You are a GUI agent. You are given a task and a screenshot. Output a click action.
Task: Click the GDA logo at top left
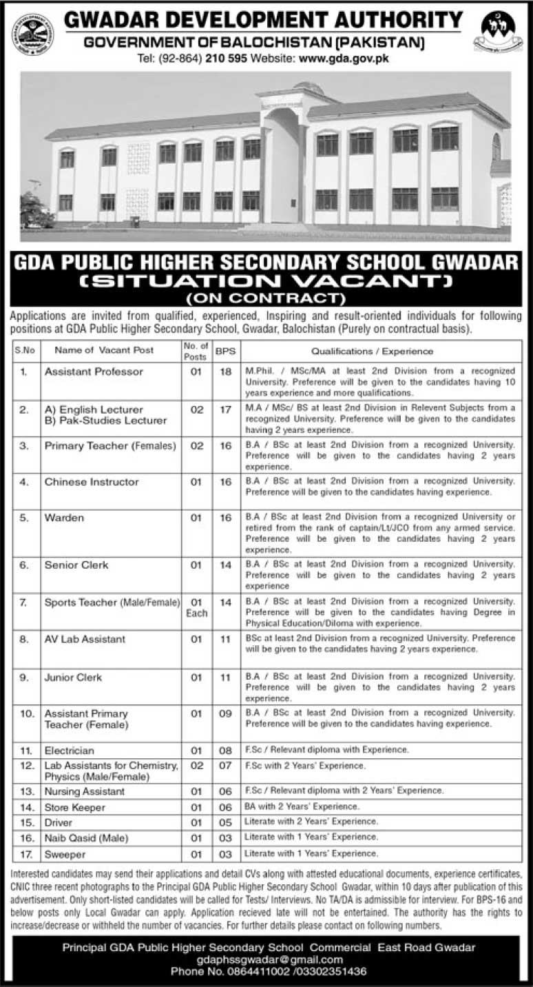coord(31,33)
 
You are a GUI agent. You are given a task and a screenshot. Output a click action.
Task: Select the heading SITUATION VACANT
coord(266,281)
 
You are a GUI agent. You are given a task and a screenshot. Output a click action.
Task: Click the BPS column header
coord(224,351)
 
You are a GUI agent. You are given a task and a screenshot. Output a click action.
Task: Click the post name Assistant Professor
coord(94,372)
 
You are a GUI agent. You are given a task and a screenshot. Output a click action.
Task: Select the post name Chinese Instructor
coord(92,482)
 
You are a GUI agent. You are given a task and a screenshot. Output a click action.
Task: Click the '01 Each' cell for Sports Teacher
coord(196,607)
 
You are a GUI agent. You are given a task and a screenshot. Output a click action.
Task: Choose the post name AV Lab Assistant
coord(85,639)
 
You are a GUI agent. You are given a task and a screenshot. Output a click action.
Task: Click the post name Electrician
coord(69,750)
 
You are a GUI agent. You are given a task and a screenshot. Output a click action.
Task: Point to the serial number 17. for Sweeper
coord(28,854)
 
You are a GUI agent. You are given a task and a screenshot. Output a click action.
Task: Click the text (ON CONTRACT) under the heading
coord(266,298)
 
